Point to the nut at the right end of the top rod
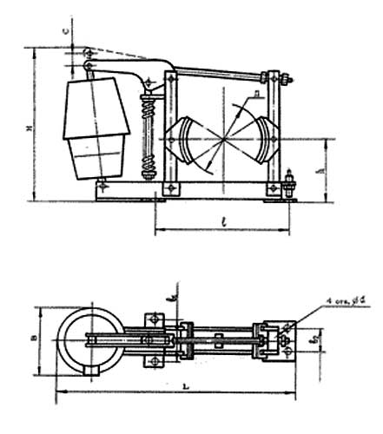coord(288,82)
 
